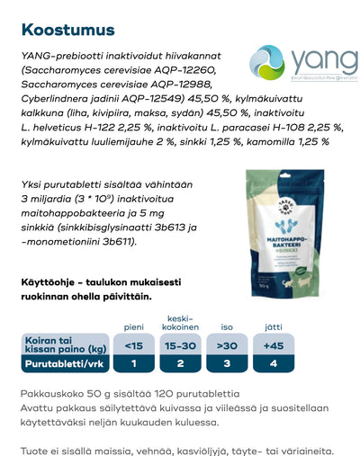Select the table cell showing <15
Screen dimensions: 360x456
click(x=133, y=344)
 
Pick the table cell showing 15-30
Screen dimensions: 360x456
click(x=181, y=344)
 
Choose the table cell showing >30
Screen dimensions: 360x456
click(x=227, y=344)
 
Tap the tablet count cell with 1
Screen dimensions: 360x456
click(x=133, y=363)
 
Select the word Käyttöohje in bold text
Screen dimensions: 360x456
click(x=54, y=281)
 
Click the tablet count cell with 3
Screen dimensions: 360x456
click(x=227, y=363)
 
